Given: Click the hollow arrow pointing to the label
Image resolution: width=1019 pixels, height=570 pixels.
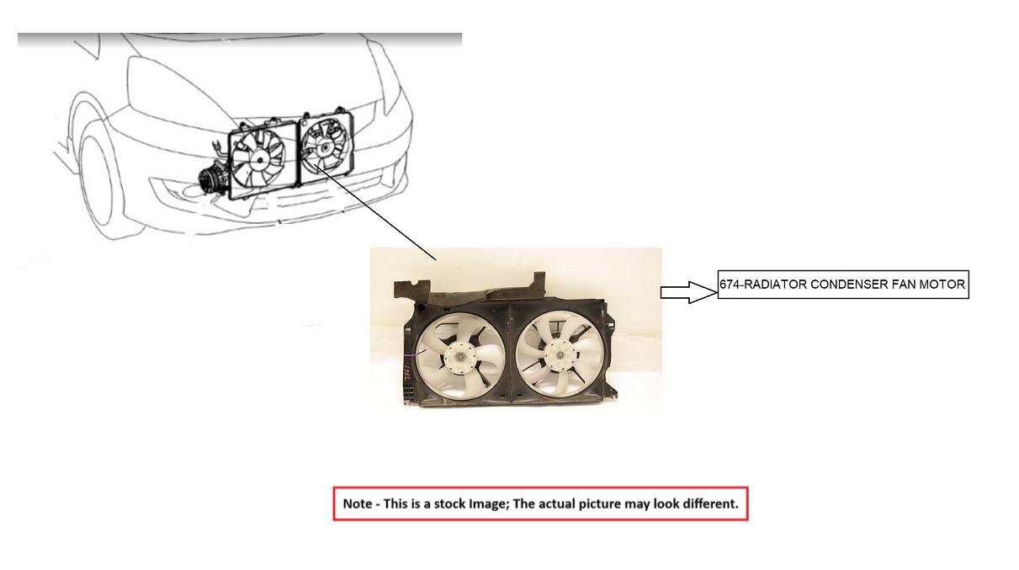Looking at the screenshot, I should tap(687, 292).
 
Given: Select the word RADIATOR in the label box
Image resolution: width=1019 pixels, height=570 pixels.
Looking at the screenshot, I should tap(775, 285).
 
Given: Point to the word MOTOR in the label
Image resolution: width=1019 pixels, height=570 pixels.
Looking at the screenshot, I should tap(944, 285).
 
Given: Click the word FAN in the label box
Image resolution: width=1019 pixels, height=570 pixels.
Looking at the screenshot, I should tap(905, 285).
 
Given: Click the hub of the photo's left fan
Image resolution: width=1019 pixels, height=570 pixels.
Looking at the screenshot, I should tap(462, 359).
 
